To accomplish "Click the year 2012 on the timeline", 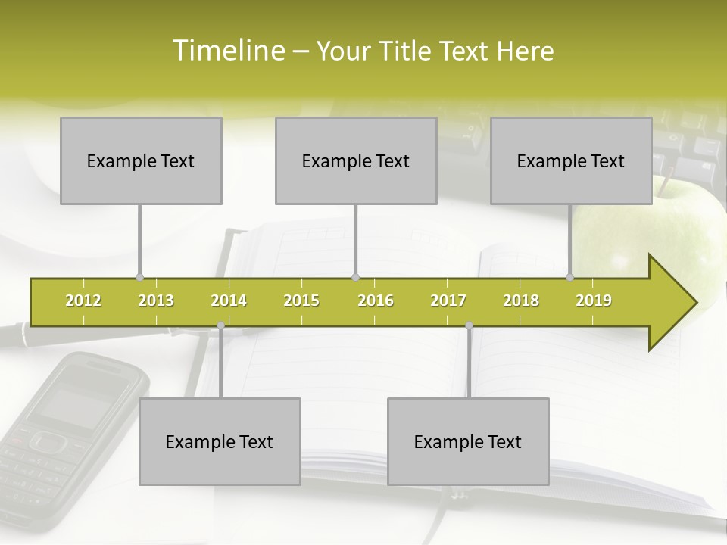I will [x=83, y=301].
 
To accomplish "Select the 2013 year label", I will [x=156, y=301].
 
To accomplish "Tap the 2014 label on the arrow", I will [x=229, y=301].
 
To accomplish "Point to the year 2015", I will [x=301, y=301].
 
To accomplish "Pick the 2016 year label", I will [x=376, y=301].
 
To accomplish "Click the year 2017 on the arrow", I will [x=448, y=301].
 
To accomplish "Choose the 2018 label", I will [x=521, y=301].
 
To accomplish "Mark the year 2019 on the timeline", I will [x=594, y=301].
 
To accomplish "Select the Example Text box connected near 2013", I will [x=141, y=160].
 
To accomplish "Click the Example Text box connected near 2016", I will [x=356, y=160].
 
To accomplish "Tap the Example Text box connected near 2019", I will [x=571, y=160].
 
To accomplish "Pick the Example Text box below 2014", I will [x=220, y=441].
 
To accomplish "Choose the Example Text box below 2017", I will [x=468, y=441].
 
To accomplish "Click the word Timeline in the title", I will [x=227, y=51].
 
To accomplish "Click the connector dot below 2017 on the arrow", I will [x=469, y=325].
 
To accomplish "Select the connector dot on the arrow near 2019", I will [x=570, y=278].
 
